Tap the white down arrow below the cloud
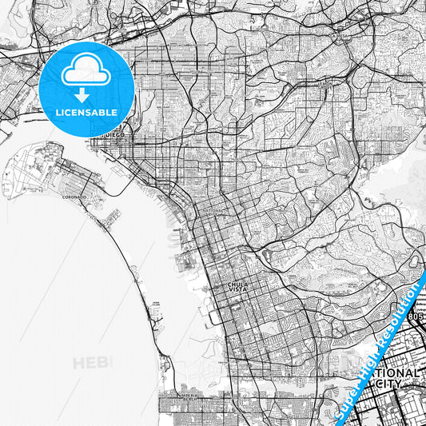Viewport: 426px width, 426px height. [86, 95]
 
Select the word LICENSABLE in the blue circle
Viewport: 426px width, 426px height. [86, 113]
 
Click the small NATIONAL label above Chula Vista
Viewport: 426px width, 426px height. [215, 210]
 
